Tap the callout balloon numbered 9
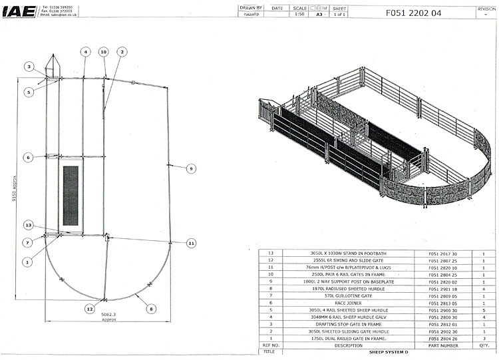tap(190, 169)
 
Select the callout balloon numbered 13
tap(28, 224)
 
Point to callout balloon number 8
tap(150, 309)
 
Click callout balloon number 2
tap(123, 51)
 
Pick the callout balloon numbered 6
tap(28, 158)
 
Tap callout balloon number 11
tap(191, 242)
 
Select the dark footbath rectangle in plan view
tap(71, 194)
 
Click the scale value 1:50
tap(300, 14)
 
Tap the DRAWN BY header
tap(251, 8)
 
